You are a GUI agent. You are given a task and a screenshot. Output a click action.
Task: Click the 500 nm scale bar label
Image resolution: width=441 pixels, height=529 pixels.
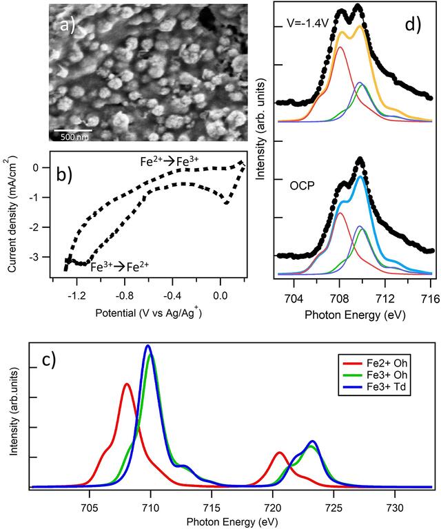(74, 137)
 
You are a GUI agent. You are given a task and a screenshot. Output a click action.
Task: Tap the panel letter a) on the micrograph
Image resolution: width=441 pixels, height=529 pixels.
(67, 24)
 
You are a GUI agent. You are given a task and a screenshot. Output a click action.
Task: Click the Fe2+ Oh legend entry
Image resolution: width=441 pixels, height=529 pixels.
(375, 363)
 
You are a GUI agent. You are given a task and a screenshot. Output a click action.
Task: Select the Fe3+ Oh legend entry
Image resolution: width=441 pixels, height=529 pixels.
(375, 375)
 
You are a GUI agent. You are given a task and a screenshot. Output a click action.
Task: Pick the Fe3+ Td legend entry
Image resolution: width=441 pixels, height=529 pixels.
(374, 387)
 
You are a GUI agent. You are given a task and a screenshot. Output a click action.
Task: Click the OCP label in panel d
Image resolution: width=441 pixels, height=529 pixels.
(302, 185)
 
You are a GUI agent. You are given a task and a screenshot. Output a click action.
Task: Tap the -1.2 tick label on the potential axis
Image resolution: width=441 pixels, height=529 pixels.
(76, 296)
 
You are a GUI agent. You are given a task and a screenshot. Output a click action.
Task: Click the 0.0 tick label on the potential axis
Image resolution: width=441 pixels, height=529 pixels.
(220, 296)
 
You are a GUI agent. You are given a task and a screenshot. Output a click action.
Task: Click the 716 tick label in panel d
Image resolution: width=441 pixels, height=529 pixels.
(431, 298)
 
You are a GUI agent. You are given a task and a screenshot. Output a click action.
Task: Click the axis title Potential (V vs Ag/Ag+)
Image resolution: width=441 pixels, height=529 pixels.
(148, 313)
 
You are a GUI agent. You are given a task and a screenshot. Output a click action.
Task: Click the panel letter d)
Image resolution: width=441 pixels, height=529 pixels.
(413, 23)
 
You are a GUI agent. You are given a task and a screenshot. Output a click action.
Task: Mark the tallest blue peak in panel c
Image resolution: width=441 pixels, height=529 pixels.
(147, 346)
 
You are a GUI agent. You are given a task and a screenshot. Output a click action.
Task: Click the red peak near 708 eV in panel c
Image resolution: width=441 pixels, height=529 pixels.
(127, 384)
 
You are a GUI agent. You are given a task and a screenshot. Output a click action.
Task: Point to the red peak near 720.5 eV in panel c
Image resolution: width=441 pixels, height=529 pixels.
(279, 453)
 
